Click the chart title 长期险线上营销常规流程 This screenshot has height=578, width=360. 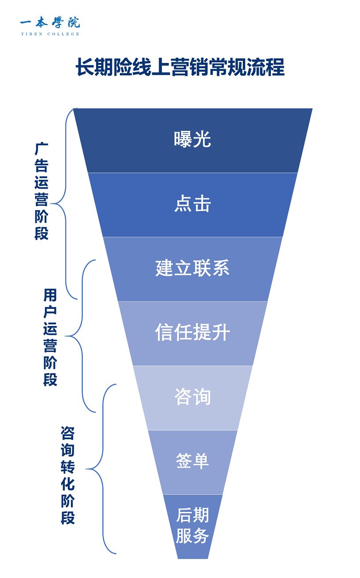[x=180, y=67]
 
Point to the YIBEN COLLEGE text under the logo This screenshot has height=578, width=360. [x=50, y=34]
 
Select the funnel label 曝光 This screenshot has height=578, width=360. [x=193, y=140]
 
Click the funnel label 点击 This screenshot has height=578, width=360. [x=193, y=204]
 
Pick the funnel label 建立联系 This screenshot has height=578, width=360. [x=193, y=268]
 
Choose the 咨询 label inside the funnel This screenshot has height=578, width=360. [x=193, y=397]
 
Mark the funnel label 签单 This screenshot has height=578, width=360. [x=193, y=461]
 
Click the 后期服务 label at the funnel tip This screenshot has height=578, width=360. [x=193, y=526]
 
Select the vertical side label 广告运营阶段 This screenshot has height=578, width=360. [x=41, y=191]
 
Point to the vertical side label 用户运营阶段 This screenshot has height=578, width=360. [x=50, y=337]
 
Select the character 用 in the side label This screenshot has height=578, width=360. [x=50, y=295]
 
